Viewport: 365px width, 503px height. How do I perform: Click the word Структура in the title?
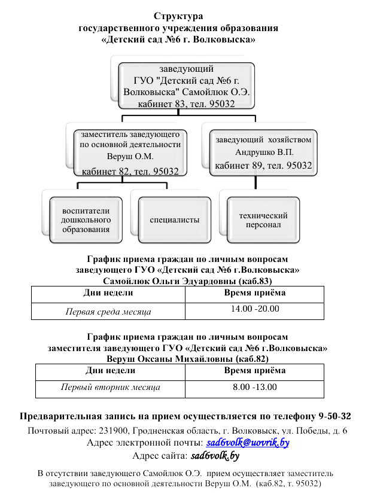pyautogui.click(x=178, y=16)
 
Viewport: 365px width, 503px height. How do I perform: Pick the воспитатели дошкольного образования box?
pyautogui.click(x=86, y=220)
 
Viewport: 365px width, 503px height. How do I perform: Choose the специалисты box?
pyautogui.click(x=175, y=220)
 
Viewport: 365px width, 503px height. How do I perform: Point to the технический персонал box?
pyautogui.click(x=263, y=220)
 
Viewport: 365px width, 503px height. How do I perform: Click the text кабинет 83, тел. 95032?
pyautogui.click(x=187, y=104)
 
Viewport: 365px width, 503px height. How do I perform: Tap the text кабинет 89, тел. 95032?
pyautogui.click(x=263, y=165)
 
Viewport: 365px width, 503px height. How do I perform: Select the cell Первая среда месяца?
pyautogui.click(x=108, y=312)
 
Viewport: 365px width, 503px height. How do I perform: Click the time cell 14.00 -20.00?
pyautogui.click(x=255, y=309)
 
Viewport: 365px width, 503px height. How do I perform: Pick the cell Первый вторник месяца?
pyautogui.click(x=111, y=388)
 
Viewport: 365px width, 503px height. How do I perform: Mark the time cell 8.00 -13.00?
pyautogui.click(x=255, y=387)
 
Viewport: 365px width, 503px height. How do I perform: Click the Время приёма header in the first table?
pyautogui.click(x=255, y=293)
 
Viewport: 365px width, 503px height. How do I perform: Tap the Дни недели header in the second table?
pyautogui.click(x=111, y=370)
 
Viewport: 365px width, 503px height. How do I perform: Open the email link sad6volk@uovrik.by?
pyautogui.click(x=247, y=443)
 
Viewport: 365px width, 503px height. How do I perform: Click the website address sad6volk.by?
pyautogui.click(x=215, y=456)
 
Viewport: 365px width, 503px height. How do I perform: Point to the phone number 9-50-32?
pyautogui.click(x=335, y=416)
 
